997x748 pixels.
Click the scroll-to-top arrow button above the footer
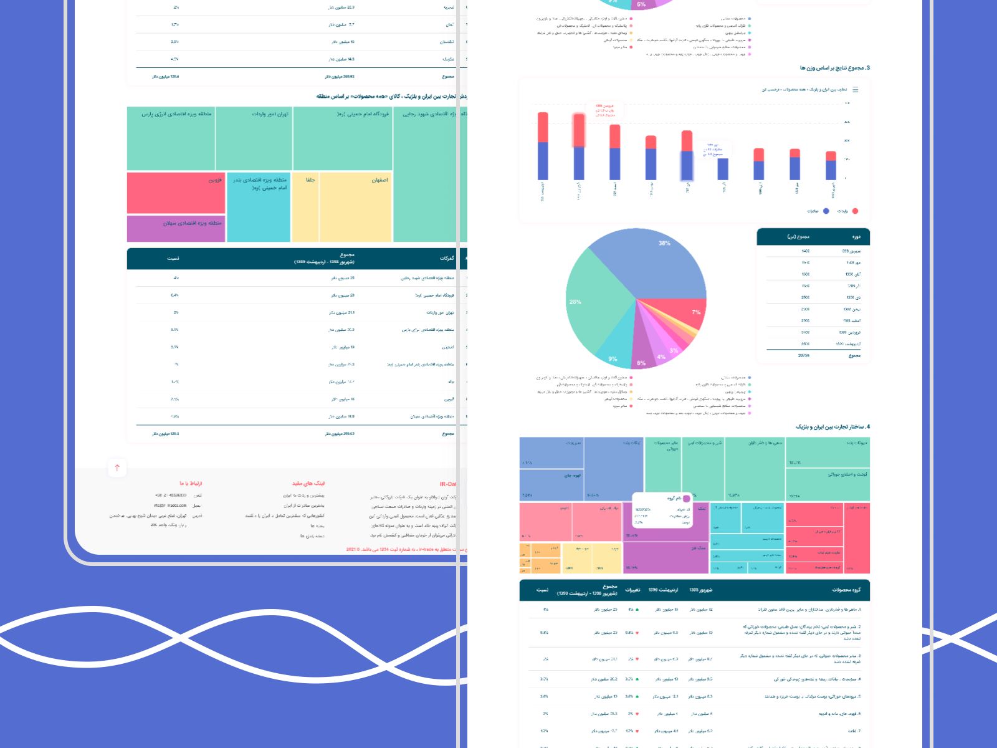tap(117, 468)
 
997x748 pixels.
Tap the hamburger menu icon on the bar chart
tap(855, 90)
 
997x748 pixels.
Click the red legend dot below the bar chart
tap(855, 211)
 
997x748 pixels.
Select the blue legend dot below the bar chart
tap(826, 211)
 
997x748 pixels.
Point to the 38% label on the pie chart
tap(664, 243)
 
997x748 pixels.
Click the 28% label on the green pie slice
tap(575, 302)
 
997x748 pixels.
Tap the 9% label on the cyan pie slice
tap(613, 359)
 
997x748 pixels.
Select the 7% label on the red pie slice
tap(696, 312)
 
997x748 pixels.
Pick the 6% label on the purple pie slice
tap(641, 363)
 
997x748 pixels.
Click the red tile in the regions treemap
tap(176, 193)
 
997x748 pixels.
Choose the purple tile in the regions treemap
tap(176, 229)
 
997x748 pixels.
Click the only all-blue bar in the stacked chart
tap(723, 169)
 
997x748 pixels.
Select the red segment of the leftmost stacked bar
tap(543, 128)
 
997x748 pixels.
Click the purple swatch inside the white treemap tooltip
tap(686, 499)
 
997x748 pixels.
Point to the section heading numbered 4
tap(832, 427)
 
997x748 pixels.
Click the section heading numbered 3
tap(835, 68)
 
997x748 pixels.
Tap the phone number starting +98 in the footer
tap(171, 496)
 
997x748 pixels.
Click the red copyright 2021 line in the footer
tap(405, 550)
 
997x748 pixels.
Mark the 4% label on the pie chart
tap(661, 357)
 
